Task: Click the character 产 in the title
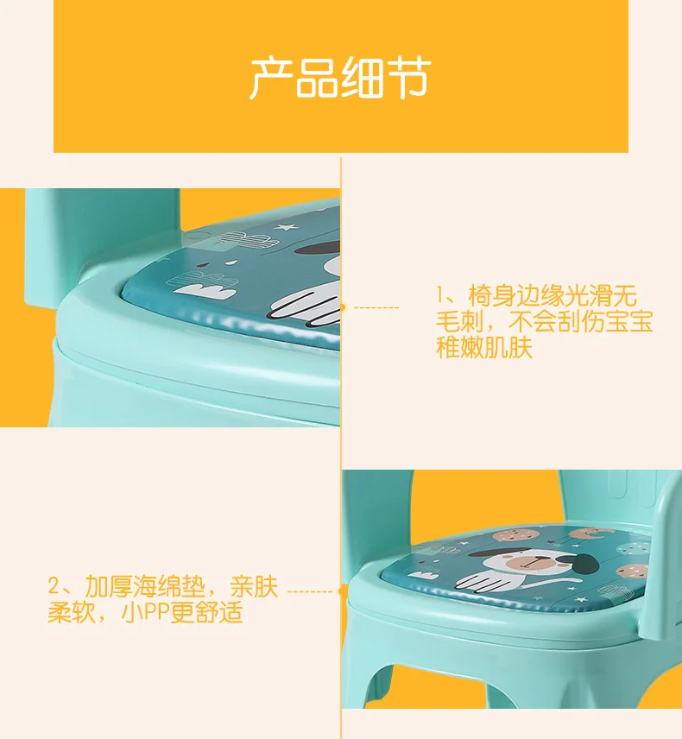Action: point(270,79)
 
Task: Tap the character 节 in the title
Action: point(408,79)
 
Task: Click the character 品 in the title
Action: point(316,79)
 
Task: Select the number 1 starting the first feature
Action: point(439,295)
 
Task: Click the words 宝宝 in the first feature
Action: point(629,322)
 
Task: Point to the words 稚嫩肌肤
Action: point(484,347)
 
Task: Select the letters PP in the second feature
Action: point(156,613)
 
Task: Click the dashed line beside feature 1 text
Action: point(376,307)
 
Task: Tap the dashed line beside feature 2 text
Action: point(310,591)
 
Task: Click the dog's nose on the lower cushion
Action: point(533,559)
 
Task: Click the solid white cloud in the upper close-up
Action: point(205,291)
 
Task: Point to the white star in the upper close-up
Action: point(286,227)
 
